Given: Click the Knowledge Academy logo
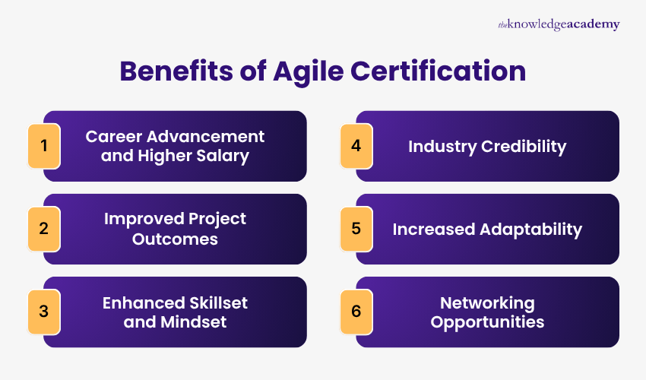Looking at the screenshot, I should pyautogui.click(x=559, y=25).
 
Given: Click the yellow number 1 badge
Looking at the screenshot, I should pyautogui.click(x=44, y=144).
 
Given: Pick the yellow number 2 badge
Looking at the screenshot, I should pyautogui.click(x=44, y=228).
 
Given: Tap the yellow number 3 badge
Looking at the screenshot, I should pyautogui.click(x=44, y=312).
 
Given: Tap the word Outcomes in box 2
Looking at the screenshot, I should pyautogui.click(x=175, y=239).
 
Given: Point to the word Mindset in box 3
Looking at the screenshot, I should pyautogui.click(x=194, y=321).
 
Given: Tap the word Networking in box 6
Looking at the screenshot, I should pyautogui.click(x=487, y=302).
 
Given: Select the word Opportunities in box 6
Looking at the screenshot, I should pyautogui.click(x=487, y=321).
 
